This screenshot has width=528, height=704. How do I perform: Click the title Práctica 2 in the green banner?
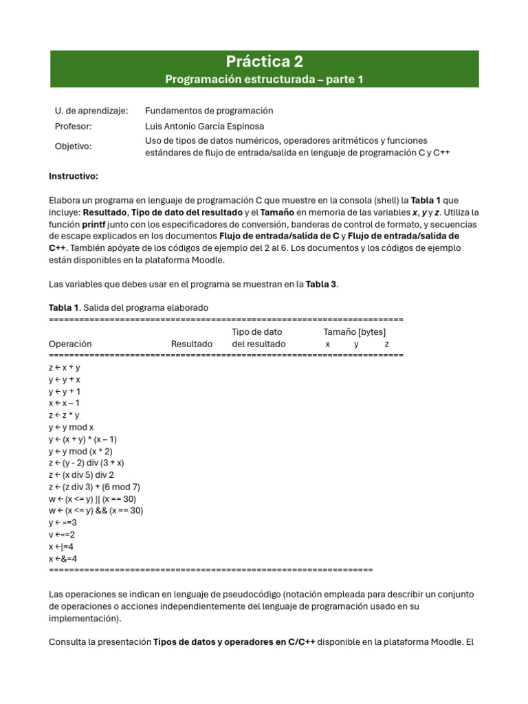coord(265,61)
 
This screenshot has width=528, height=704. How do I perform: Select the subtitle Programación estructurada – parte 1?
coord(264,80)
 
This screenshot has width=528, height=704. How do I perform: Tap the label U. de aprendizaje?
coord(91,111)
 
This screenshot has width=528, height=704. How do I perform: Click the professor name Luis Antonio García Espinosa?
coord(204,126)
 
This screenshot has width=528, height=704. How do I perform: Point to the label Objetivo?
coord(73,146)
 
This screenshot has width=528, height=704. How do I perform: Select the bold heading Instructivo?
coord(74,177)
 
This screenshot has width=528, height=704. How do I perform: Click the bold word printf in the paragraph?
coord(95,224)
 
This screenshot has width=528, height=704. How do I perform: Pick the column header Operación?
coord(70,344)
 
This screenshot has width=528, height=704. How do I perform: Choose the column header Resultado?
coord(192,344)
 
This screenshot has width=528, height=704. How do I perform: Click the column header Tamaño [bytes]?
coord(355,332)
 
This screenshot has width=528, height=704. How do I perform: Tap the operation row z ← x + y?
coord(65,367)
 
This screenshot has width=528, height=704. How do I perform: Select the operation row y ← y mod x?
coord(71,427)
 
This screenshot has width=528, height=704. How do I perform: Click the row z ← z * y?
coord(64,415)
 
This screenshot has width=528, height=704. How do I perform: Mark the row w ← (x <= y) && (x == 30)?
coord(96,511)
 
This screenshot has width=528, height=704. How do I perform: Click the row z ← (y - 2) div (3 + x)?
coord(86,463)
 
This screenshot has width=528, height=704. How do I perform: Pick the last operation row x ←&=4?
coord(63,558)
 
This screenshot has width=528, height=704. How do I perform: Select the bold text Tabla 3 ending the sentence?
coord(321,284)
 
